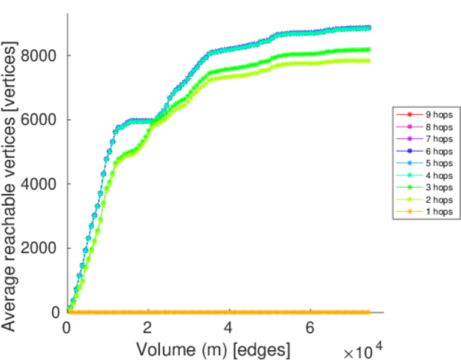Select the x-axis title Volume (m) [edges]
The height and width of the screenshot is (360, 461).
214,349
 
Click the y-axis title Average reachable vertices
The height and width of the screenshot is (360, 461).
10,186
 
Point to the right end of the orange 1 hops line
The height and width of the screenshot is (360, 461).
369,312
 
